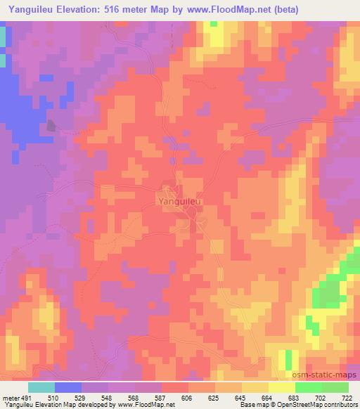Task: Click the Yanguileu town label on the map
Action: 180,201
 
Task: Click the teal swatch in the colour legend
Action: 41,388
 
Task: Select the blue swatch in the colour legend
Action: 68,388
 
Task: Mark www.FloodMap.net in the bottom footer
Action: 148,405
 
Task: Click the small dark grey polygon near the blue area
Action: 51,126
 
